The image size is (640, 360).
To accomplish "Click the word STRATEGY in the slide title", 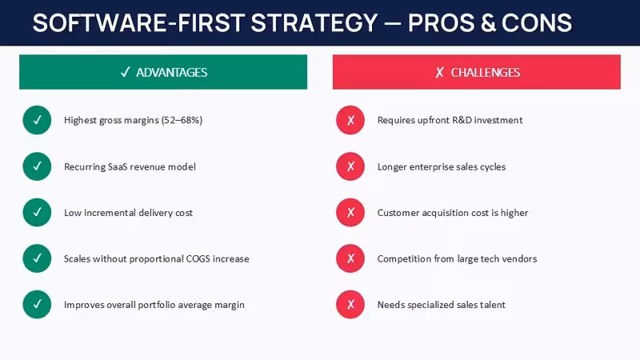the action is [x=314, y=23].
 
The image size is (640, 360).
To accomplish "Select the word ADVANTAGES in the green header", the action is [x=171, y=73].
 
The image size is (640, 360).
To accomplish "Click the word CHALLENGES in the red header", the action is [x=486, y=73].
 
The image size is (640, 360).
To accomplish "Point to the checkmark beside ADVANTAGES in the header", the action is [x=125, y=72].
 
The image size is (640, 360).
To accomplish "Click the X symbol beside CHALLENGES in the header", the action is [x=439, y=73].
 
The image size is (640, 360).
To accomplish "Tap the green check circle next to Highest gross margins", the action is [x=37, y=120].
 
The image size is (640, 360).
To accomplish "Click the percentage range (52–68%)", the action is [x=182, y=120].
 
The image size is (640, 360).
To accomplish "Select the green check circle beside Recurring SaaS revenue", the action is [x=37, y=166].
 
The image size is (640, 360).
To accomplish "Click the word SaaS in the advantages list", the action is [x=118, y=166].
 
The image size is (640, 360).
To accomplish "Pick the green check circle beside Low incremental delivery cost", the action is [x=37, y=212].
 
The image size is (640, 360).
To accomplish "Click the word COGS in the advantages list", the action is [x=198, y=258].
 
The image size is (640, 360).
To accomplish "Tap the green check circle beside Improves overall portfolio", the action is [x=37, y=304].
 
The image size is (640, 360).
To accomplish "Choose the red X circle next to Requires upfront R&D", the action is [x=350, y=120].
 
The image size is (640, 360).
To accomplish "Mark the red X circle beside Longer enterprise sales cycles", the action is [x=350, y=166].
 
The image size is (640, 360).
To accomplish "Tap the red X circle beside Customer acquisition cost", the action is [x=350, y=212].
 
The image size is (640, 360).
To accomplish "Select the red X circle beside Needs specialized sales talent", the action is [x=350, y=304].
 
